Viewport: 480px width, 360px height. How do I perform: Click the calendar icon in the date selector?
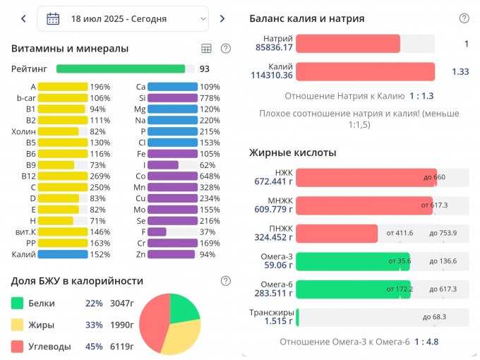click(x=53, y=19)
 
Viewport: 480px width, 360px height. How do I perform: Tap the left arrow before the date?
click(x=23, y=19)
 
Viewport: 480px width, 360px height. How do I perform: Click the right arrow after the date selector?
click(x=222, y=19)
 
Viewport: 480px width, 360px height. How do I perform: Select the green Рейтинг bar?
click(x=121, y=69)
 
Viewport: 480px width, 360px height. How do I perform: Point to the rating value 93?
click(x=205, y=69)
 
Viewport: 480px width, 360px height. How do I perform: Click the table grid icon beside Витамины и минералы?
click(x=206, y=49)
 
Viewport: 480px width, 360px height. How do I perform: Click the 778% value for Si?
click(x=210, y=98)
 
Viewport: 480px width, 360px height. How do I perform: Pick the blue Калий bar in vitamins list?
click(x=62, y=254)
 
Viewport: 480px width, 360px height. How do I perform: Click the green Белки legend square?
click(x=18, y=304)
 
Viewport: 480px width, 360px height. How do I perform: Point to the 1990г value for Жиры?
click(x=122, y=325)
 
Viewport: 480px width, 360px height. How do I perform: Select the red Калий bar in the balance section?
click(x=365, y=71)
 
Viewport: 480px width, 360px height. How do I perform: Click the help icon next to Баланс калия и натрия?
click(x=464, y=18)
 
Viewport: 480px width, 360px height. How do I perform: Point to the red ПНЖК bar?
click(x=337, y=233)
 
